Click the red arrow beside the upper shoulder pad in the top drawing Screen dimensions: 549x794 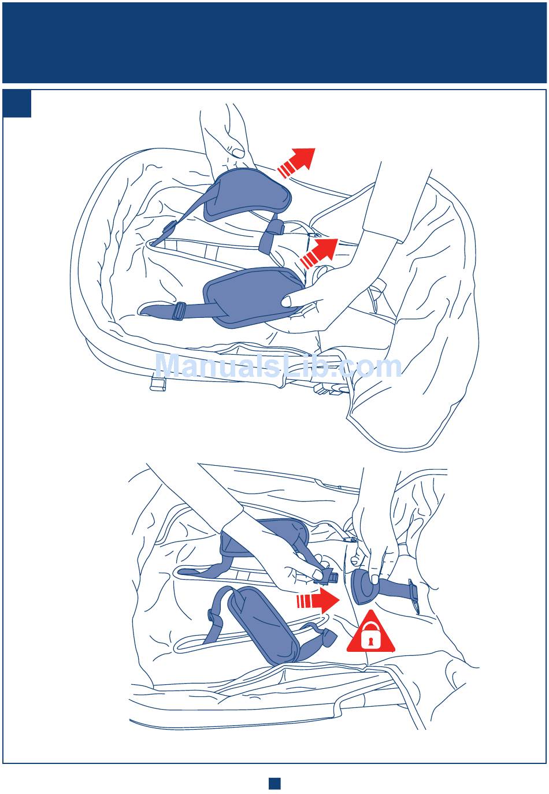tap(296, 162)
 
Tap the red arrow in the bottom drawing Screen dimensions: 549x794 tap(318, 600)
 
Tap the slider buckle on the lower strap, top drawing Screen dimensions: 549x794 tap(179, 311)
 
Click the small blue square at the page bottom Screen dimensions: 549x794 tap(274, 783)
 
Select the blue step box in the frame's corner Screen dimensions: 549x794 tap(17, 103)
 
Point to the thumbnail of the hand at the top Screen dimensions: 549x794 tap(238, 153)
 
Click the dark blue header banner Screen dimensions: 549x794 tap(274, 43)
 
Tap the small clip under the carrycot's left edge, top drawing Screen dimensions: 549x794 tap(158, 384)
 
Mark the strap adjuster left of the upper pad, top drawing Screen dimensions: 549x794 tap(170, 229)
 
